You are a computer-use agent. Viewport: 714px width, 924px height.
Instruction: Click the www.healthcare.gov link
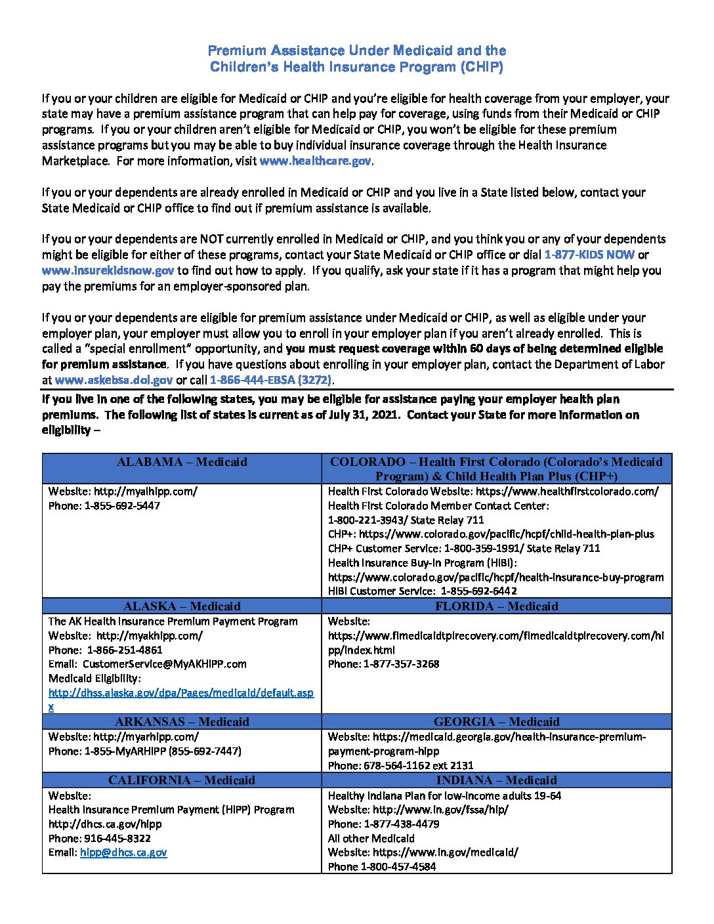coord(316,161)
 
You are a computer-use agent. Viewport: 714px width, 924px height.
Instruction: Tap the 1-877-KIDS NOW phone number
coord(589,255)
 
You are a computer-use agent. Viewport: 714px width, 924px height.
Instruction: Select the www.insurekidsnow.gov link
coord(108,270)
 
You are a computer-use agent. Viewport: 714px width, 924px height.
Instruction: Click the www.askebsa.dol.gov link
coord(114,380)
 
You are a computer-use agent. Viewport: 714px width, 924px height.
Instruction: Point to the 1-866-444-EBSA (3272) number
coord(271,380)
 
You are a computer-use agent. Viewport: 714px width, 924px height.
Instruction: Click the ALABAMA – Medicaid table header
coord(182,462)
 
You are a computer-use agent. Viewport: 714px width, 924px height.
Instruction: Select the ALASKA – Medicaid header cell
coord(182,606)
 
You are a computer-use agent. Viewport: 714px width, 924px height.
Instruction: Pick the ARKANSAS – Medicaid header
coord(182,722)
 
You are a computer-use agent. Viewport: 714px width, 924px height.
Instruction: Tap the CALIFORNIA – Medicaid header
coord(182,780)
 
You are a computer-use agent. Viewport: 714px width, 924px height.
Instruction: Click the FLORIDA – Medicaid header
coord(497,606)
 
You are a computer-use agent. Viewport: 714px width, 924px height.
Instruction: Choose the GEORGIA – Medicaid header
coord(497,722)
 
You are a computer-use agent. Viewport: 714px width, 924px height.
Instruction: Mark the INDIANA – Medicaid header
coord(497,780)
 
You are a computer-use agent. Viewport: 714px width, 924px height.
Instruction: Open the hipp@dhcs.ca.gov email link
coord(123,852)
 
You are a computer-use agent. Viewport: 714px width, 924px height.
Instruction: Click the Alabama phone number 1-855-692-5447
coord(122,506)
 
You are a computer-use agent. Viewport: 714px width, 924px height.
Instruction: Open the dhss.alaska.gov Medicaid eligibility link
coord(180,693)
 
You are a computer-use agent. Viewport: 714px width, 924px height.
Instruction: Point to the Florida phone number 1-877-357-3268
coord(402,664)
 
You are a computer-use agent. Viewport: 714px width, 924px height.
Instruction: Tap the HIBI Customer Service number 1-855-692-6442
coord(478,591)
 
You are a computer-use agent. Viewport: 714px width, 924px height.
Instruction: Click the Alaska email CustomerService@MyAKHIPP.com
coord(165,664)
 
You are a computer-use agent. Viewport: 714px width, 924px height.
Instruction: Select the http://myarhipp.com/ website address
coord(146,737)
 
